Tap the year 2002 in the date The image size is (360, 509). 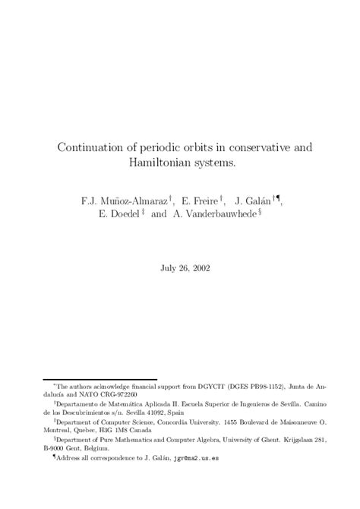(x=199, y=267)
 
